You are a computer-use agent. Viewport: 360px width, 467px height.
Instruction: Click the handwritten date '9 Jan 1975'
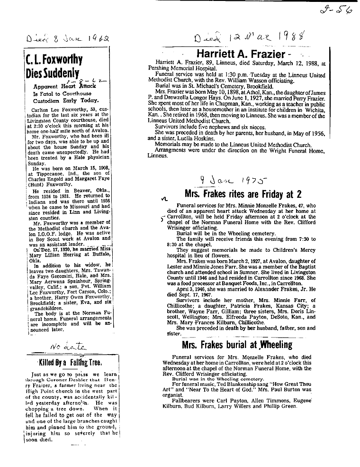(234, 180)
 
